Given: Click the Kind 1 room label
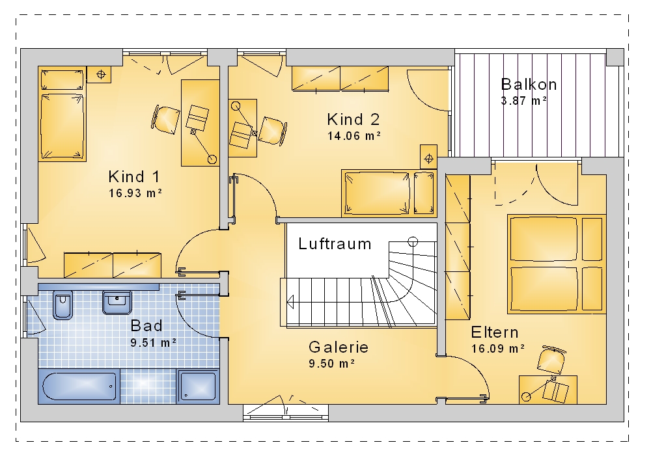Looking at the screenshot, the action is coord(134,177).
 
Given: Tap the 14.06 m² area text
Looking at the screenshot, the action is coord(354,135).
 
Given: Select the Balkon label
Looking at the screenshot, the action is coord(529,84).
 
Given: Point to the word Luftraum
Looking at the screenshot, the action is coord(335,243).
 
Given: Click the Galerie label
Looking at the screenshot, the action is coord(339,347).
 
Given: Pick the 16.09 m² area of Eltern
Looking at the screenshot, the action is coord(498,349).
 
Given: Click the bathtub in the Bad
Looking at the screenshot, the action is coord(79,386).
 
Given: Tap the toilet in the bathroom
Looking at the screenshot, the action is coord(62,305).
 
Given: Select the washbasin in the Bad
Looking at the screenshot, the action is coord(117,303).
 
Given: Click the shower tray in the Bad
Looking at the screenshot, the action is coord(198,386).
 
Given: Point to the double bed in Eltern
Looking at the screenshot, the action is coord(557,264).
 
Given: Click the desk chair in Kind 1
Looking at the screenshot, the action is coord(165,120).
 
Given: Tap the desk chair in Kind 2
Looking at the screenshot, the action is coord(273,131).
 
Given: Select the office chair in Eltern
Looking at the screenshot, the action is coord(552,359).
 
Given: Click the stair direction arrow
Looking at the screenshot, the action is coord(290,301).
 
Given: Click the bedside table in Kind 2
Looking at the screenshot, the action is coord(428,157).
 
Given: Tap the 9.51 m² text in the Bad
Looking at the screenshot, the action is coord(153,343).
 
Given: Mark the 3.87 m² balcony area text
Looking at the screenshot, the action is coord(523,101).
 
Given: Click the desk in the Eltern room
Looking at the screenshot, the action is coord(548,390).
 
